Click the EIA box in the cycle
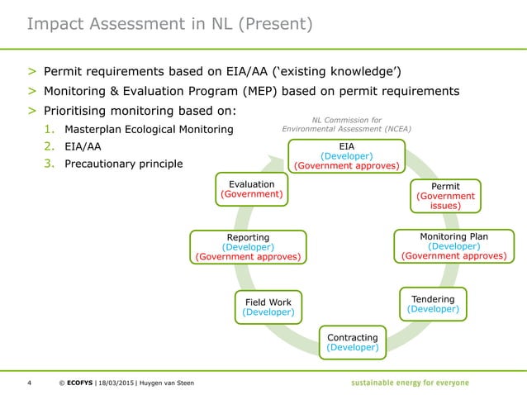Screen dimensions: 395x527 tap(346, 156)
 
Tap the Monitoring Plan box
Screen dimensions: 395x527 tap(453, 246)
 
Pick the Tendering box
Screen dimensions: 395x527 tap(433, 303)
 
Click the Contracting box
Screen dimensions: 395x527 tap(353, 342)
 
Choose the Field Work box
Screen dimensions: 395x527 tap(268, 307)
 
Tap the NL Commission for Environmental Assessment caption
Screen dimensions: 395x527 tap(346, 124)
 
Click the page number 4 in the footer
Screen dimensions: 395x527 tap(30, 383)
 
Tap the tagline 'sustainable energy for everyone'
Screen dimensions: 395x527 tap(409, 383)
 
